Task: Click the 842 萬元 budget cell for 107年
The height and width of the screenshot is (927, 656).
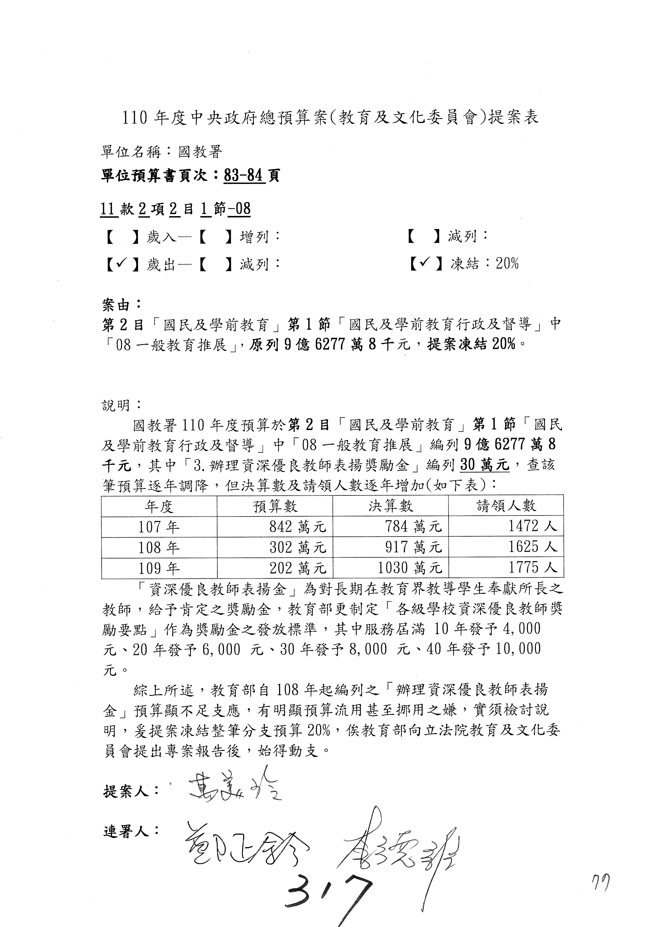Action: click(x=298, y=527)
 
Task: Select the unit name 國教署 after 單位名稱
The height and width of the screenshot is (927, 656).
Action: click(x=200, y=152)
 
